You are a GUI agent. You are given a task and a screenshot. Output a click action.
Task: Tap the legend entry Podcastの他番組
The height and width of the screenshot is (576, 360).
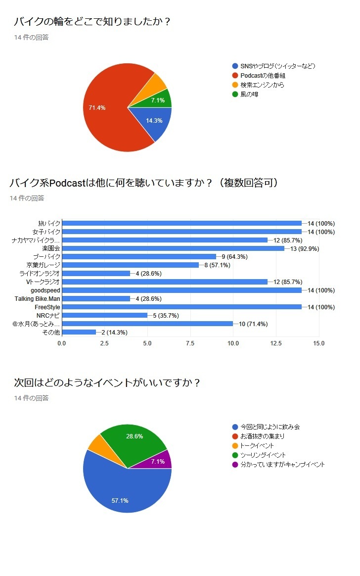pyautogui.click(x=263, y=76)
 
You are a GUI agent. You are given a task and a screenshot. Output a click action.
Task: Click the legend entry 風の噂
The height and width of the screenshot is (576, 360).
pyautogui.click(x=249, y=95)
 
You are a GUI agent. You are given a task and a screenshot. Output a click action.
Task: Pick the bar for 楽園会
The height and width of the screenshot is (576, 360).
pyautogui.click(x=173, y=248)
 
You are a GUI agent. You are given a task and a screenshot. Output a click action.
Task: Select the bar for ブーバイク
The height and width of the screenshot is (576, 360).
pyautogui.click(x=139, y=257)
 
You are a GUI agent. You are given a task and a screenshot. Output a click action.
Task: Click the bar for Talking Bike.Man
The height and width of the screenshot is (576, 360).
pyautogui.click(x=96, y=299)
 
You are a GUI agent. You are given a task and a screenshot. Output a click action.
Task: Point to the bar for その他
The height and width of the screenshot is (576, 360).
pyautogui.click(x=79, y=332)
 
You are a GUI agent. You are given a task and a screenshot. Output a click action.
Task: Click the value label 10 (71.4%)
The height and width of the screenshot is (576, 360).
pyautogui.click(x=253, y=324)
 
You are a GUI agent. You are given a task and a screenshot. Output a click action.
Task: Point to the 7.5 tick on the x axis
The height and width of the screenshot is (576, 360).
pyautogui.click(x=190, y=343)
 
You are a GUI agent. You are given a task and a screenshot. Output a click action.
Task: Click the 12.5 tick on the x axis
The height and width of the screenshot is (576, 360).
pyautogui.click(x=276, y=343)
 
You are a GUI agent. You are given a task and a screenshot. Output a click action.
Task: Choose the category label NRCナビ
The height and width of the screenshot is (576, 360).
pyautogui.click(x=48, y=315)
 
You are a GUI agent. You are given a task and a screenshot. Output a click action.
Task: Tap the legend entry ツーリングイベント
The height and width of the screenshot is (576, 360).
pyautogui.click(x=263, y=455)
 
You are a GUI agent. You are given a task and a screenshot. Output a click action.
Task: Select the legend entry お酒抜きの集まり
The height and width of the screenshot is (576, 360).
pyautogui.click(x=263, y=436)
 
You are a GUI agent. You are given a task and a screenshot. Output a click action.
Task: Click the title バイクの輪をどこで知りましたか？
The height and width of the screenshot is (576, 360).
pyautogui.click(x=92, y=22)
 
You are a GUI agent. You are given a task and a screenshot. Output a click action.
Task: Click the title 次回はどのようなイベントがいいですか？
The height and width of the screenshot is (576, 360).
pyautogui.click(x=107, y=383)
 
